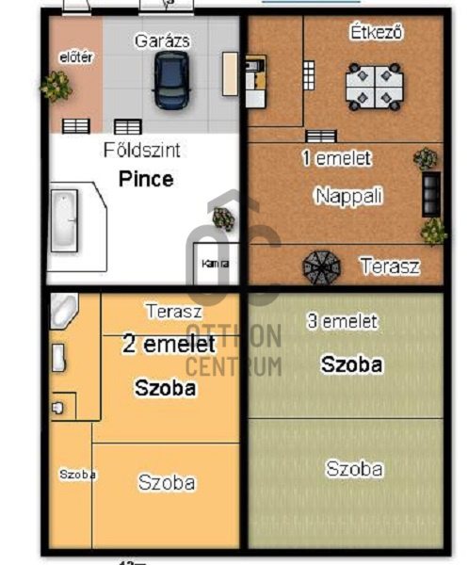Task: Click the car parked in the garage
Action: point(170,79)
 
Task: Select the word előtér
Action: point(75,57)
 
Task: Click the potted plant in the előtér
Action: point(56,87)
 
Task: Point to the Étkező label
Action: point(376,33)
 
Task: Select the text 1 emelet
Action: point(336,158)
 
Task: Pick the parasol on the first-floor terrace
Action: point(320,266)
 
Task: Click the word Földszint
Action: point(141,150)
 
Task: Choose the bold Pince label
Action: point(145,179)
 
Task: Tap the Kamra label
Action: point(214,264)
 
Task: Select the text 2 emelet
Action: point(169,345)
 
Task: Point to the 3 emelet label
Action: point(342,321)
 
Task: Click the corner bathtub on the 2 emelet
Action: point(62,309)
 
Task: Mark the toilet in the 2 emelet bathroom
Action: point(59,407)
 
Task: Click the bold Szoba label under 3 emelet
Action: point(351,364)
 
